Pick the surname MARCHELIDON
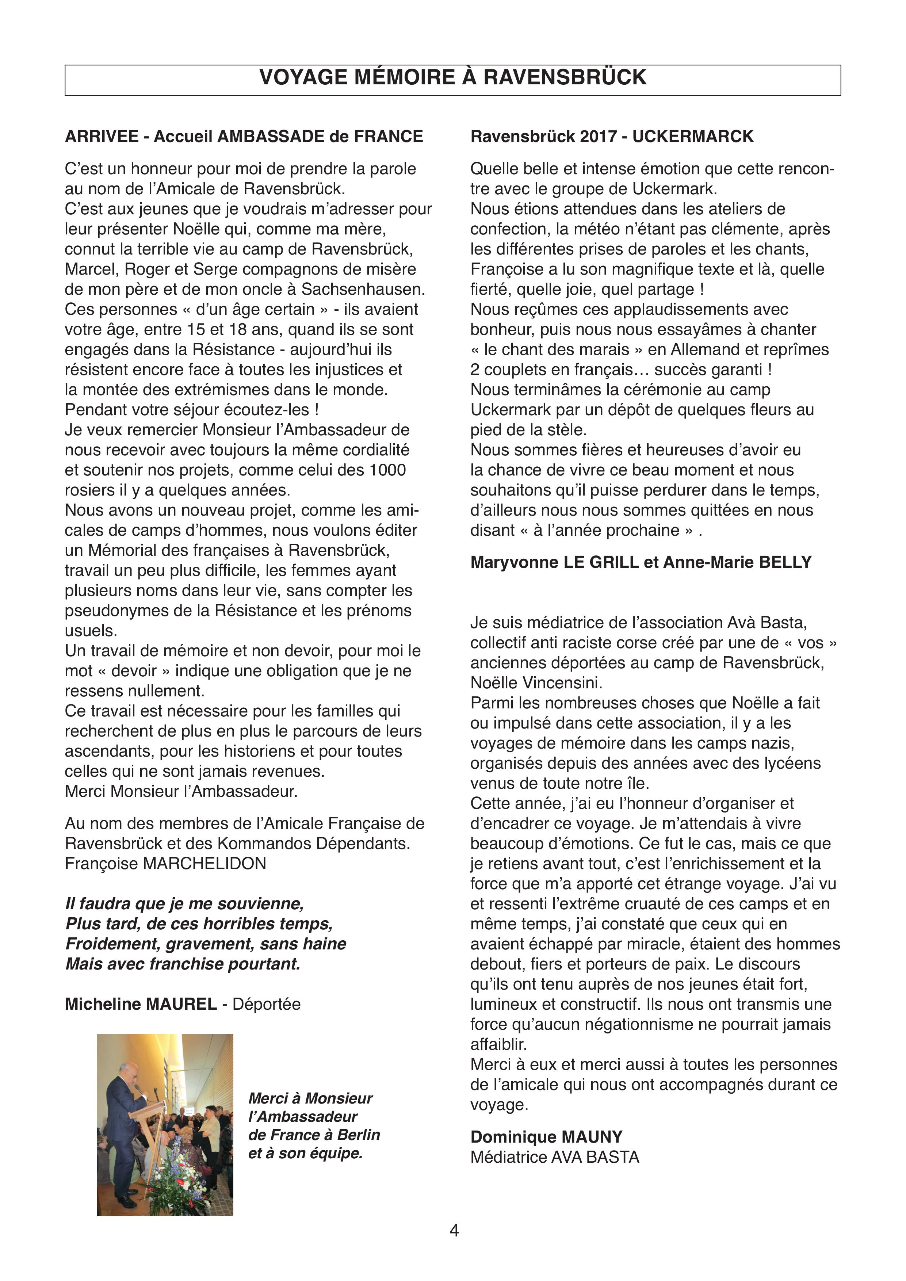tap(205, 864)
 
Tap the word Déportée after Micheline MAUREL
tap(266, 1004)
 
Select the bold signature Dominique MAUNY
tap(546, 1137)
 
